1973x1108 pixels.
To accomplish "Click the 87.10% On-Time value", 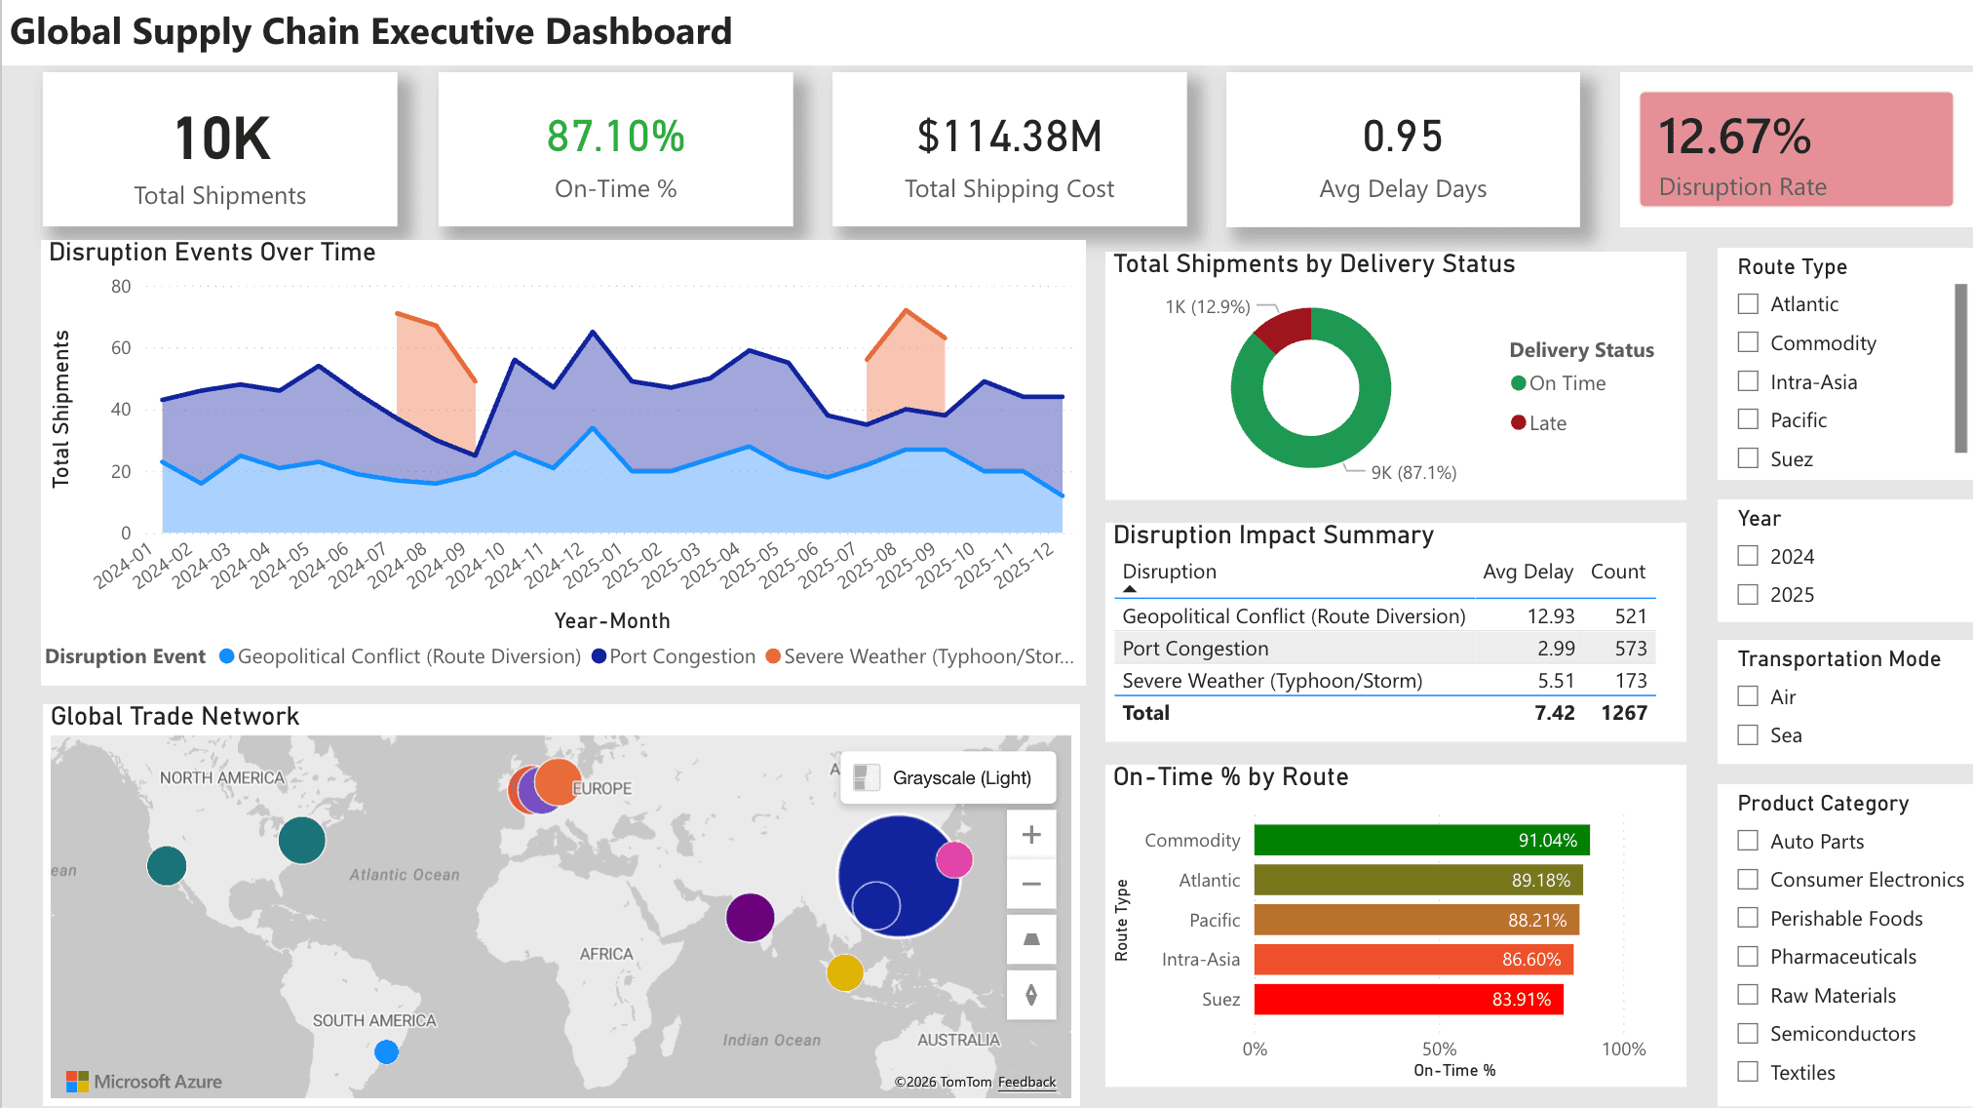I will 615,137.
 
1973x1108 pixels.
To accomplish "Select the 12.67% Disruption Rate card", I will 1796,149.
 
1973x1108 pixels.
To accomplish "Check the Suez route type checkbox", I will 1748,458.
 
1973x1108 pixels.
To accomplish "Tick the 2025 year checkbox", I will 1748,594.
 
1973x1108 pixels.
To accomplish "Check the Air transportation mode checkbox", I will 1748,696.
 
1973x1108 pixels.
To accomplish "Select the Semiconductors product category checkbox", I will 1748,1033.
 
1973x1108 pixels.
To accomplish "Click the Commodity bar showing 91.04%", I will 1420,840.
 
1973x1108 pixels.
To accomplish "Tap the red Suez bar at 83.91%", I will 1408,999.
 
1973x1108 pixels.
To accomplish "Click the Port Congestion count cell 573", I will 1630,649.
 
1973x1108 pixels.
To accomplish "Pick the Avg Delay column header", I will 1527,572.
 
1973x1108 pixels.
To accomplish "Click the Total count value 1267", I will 1623,713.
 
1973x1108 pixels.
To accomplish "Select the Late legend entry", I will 1546,423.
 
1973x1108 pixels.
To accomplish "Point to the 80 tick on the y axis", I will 121,287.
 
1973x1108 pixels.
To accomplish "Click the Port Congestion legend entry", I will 681,656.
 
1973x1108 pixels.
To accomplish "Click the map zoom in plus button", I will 1031,835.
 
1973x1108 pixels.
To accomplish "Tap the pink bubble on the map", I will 953,859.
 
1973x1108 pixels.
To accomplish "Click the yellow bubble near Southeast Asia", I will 844,971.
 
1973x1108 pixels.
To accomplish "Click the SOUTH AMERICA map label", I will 374,1020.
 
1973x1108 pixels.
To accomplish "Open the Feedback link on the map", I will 1026,1082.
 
